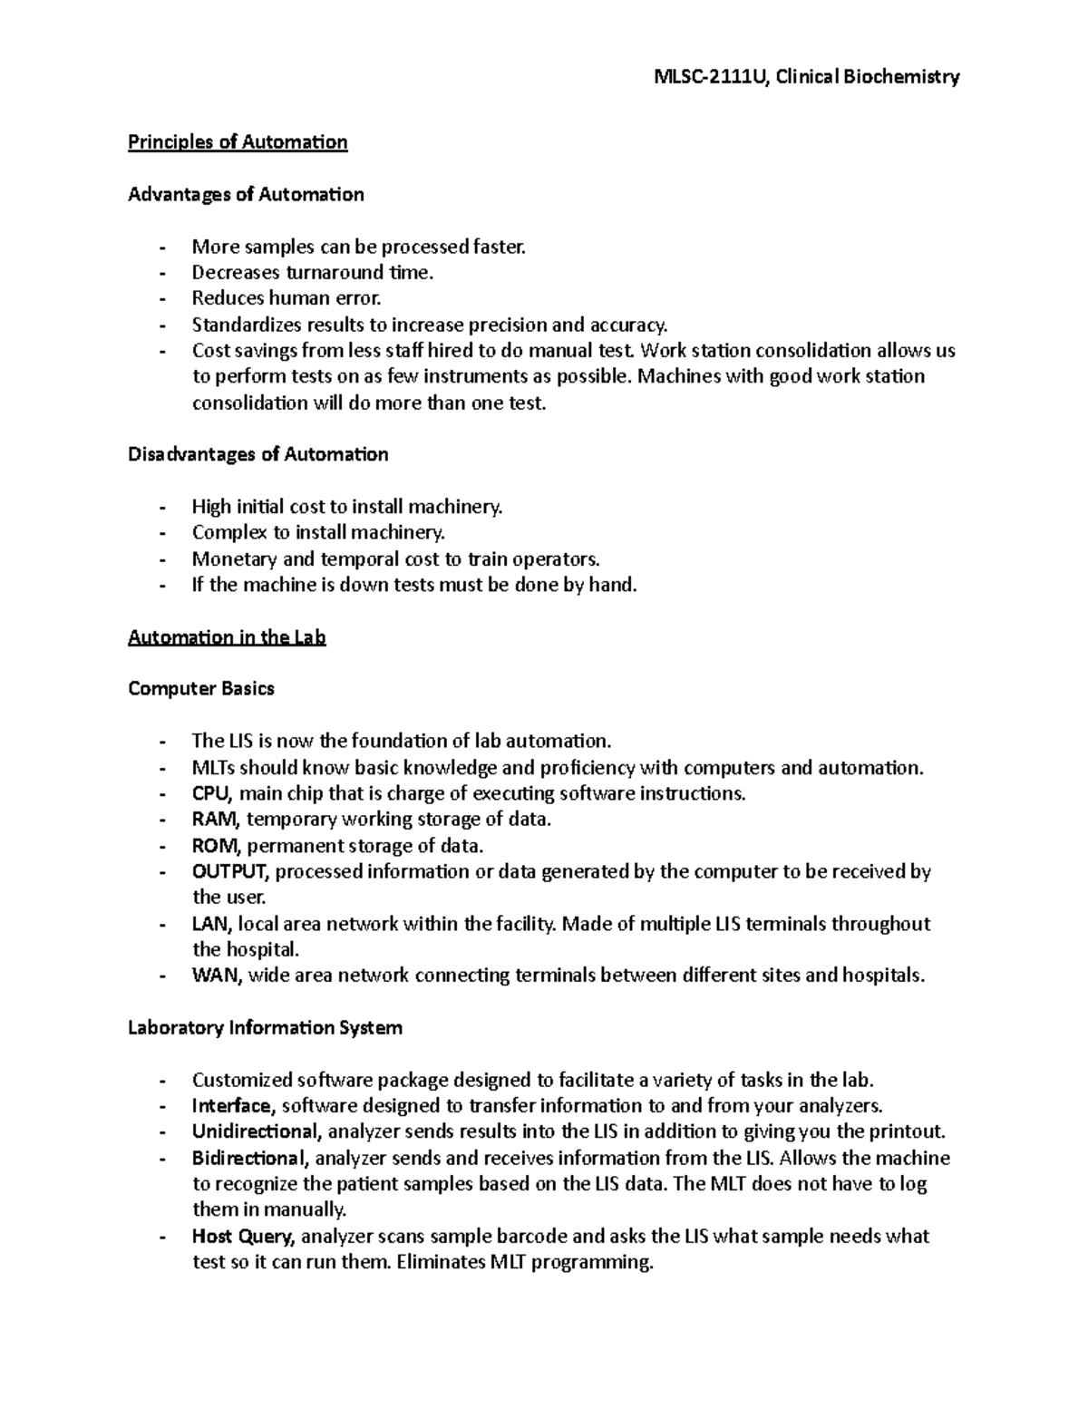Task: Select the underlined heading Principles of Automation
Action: click(238, 142)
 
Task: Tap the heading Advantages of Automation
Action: click(246, 194)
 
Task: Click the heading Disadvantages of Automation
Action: click(257, 454)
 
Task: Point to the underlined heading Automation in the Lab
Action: click(227, 637)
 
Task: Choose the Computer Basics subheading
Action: click(200, 689)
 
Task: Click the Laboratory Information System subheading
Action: click(265, 1028)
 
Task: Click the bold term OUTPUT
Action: click(230, 872)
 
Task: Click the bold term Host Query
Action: click(242, 1237)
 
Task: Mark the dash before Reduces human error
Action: click(162, 299)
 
